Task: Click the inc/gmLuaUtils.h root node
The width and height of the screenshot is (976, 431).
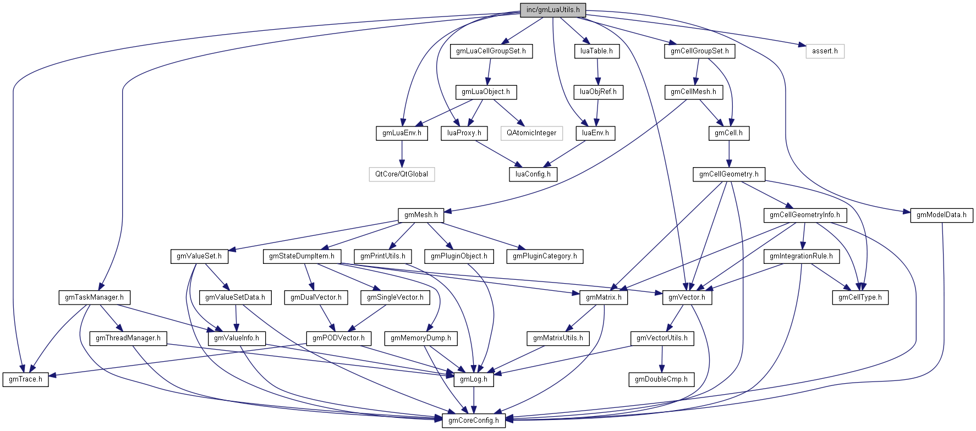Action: point(552,10)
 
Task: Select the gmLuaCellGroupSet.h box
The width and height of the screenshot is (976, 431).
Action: point(491,51)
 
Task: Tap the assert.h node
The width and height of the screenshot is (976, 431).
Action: point(825,51)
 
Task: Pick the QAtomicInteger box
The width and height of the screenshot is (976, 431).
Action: point(531,133)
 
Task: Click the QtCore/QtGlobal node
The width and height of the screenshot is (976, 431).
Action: point(402,174)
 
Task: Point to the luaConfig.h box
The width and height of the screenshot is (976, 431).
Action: point(533,174)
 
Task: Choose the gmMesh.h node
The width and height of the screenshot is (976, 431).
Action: point(421,215)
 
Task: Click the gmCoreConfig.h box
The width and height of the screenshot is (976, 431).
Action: point(474,421)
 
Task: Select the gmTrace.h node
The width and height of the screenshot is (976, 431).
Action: point(25,379)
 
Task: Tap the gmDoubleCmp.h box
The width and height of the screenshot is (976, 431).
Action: point(661,379)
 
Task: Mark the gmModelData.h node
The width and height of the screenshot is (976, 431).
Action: point(941,215)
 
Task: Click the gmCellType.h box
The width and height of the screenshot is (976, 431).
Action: point(860,297)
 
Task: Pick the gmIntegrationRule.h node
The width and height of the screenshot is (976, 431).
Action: point(801,256)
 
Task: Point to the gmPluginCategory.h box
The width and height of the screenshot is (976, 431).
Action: point(545,256)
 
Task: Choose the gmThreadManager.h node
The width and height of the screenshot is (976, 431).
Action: point(128,338)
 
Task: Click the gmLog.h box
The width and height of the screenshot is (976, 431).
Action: point(474,379)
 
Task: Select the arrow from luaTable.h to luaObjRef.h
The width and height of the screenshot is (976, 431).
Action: point(597,71)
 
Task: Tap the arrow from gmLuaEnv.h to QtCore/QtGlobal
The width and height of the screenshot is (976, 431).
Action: point(402,154)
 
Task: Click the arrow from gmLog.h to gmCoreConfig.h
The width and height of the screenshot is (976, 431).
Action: point(474,400)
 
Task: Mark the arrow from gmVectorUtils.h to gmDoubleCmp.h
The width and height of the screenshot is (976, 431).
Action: point(662,359)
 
